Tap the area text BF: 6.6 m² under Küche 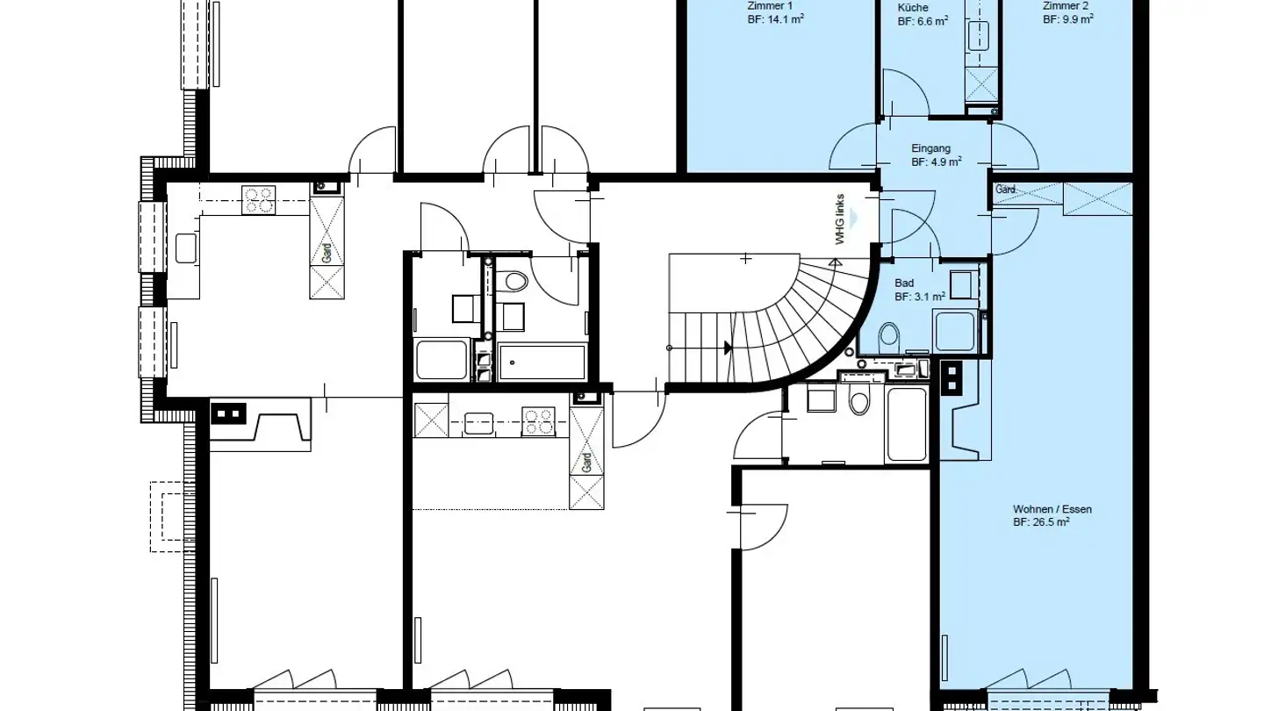point(922,20)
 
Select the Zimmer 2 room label point(1066,5)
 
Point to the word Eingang point(930,149)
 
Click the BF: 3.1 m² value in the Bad point(920,297)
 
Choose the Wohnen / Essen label point(1052,509)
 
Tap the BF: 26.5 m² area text point(1041,522)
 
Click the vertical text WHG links point(840,219)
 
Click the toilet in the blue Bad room point(889,335)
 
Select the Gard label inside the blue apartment point(1006,190)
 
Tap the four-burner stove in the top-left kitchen point(259,200)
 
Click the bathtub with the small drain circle point(542,362)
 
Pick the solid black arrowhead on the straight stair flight point(728,348)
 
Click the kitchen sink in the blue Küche point(978,36)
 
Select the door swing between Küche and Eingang point(904,92)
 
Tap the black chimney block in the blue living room point(952,376)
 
